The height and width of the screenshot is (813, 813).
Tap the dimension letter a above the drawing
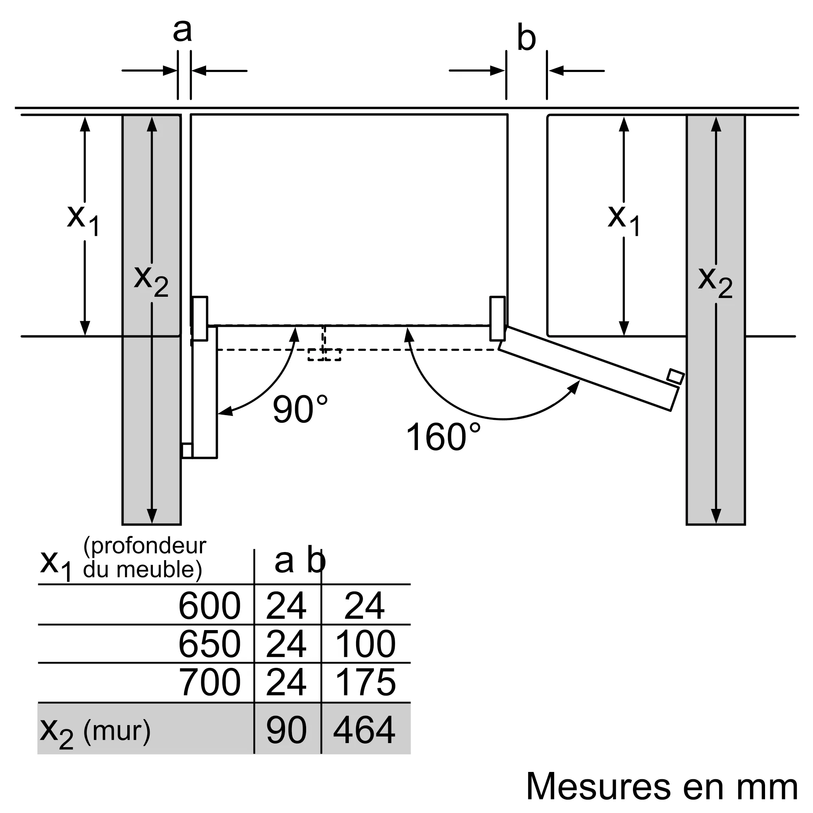[182, 30]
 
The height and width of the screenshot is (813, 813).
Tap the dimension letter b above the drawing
[526, 39]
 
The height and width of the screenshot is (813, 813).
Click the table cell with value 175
[365, 682]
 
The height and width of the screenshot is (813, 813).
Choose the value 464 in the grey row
[364, 730]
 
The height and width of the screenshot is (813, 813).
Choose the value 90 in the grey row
[286, 730]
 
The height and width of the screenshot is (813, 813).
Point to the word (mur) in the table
[117, 730]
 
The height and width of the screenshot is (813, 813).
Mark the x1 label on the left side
[83, 220]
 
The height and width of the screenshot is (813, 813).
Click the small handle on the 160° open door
[675, 376]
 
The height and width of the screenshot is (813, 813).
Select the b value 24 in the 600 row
[364, 606]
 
